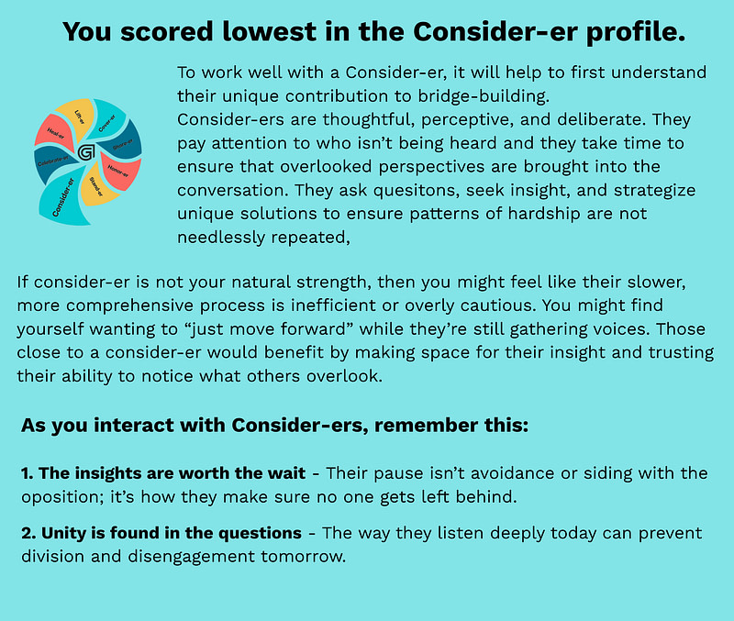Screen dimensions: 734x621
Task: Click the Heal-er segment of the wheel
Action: [x=52, y=132]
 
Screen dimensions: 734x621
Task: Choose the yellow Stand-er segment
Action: [x=97, y=186]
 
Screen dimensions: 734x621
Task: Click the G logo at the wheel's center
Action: [x=86, y=152]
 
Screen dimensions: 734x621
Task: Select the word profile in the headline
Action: [x=636, y=33]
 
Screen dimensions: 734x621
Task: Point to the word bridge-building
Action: [x=484, y=96]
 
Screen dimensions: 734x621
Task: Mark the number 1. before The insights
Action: [x=28, y=473]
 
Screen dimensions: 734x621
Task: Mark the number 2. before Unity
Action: [x=28, y=534]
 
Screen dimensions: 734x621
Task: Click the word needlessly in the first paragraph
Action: [x=221, y=238]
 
